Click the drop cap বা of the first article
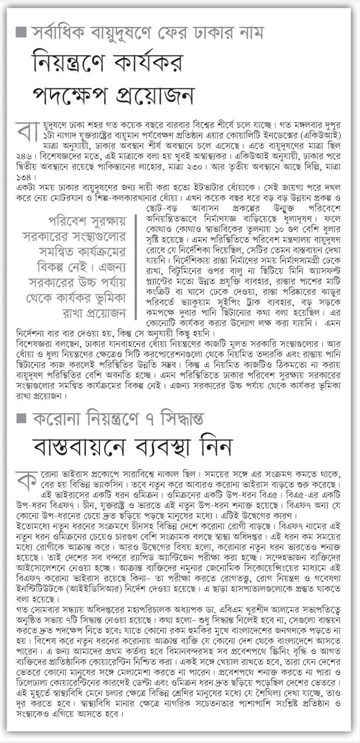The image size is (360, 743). coord(26,133)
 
